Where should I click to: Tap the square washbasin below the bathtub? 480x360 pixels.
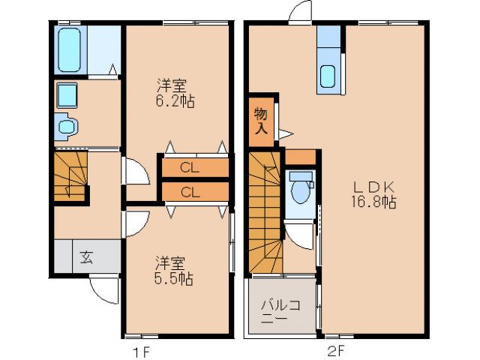click(67, 96)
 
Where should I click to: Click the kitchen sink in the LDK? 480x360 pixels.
click(328, 75)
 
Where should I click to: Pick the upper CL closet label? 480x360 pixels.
click(190, 166)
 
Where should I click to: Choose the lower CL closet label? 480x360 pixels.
click(190, 192)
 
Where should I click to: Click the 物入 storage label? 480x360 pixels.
click(260, 120)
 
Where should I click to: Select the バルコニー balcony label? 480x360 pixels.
click(280, 310)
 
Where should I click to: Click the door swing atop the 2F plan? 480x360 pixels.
click(300, 13)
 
